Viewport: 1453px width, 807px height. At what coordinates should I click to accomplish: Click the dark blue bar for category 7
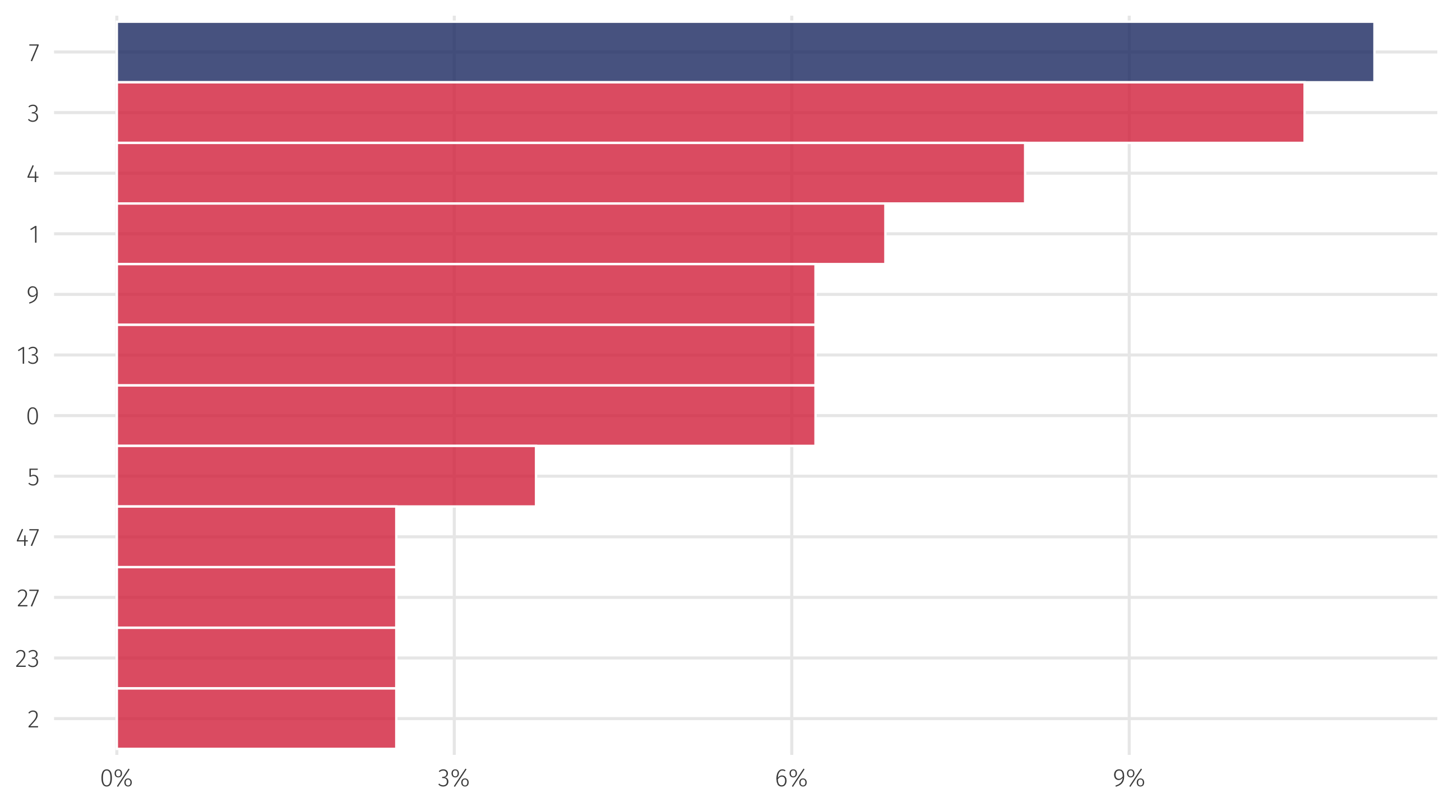744,52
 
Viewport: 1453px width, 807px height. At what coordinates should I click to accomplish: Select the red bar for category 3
710,113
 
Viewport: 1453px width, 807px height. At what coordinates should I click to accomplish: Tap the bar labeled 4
570,173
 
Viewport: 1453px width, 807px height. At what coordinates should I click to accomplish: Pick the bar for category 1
501,234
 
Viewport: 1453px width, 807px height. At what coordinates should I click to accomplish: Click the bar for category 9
465,294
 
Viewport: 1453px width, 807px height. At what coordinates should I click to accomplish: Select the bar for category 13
465,355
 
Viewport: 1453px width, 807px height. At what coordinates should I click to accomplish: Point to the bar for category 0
465,416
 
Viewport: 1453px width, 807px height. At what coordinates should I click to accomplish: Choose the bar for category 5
326,476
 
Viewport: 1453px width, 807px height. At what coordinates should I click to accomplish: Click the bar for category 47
256,537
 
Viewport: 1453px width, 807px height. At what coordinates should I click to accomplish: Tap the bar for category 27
256,597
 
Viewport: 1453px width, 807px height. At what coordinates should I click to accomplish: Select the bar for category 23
256,658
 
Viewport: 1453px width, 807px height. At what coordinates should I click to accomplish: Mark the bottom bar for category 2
256,718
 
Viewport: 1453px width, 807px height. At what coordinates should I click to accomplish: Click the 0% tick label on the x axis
116,780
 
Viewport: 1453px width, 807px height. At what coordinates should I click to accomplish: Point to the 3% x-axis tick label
454,780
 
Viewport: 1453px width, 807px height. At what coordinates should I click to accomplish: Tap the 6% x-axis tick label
791,780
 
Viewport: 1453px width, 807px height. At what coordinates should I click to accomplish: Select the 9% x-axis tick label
1128,780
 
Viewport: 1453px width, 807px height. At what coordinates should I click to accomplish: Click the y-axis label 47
27,538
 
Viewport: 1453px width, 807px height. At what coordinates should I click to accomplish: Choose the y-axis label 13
27,356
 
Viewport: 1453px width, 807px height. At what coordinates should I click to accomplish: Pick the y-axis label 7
33,53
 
